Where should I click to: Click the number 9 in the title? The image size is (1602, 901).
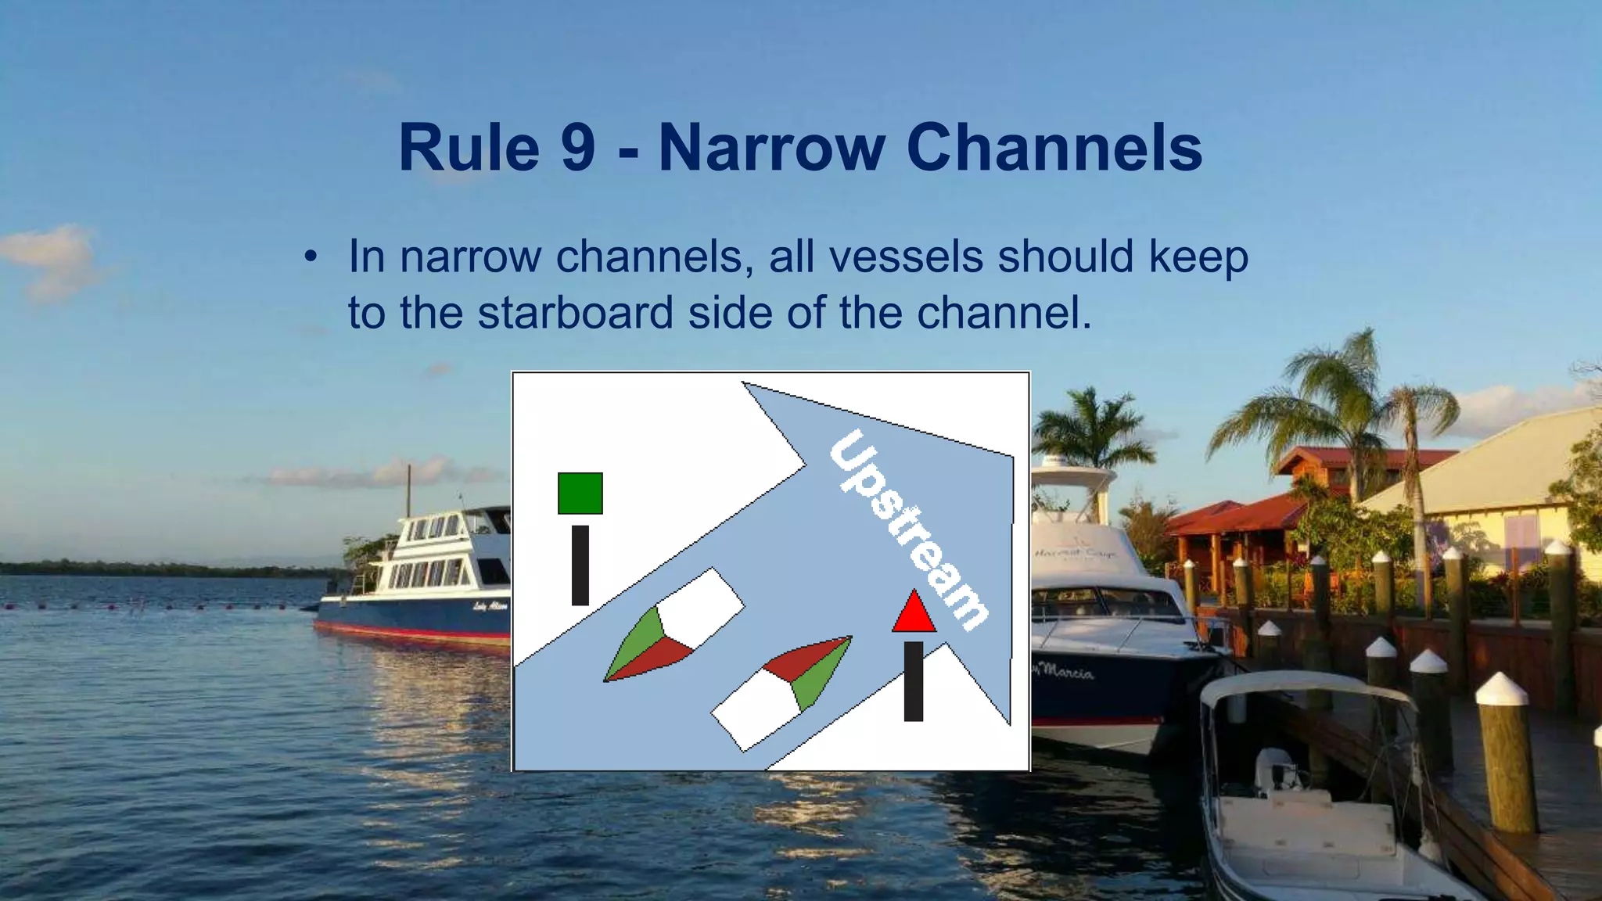click(x=578, y=148)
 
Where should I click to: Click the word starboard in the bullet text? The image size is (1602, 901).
click(x=575, y=313)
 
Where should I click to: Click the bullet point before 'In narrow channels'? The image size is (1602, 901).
click(x=311, y=257)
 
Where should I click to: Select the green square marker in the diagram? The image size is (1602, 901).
click(x=580, y=493)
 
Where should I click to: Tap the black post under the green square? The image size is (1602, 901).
click(x=580, y=565)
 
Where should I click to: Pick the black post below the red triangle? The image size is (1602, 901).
click(x=914, y=680)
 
